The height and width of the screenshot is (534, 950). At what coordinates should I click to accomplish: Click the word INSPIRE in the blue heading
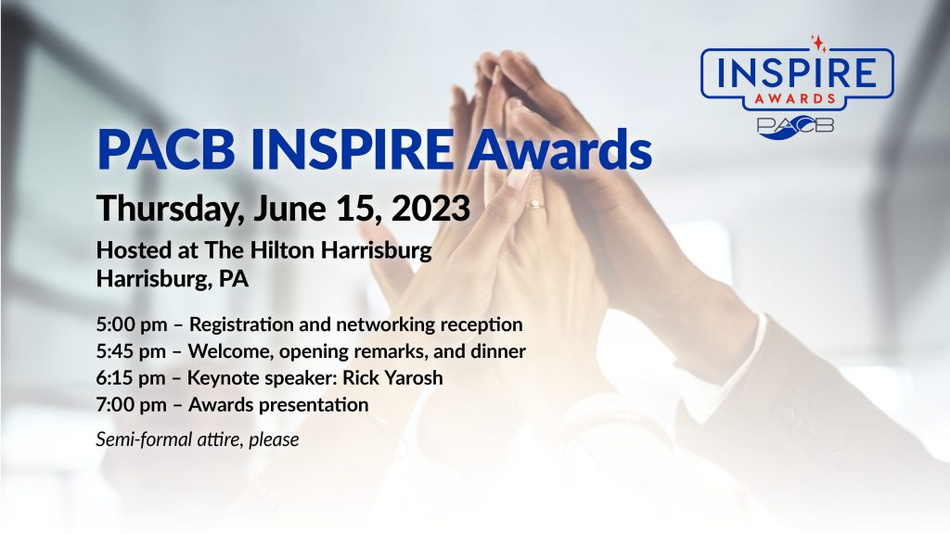tap(352, 149)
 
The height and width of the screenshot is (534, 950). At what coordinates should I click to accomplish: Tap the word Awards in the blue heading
tap(559, 149)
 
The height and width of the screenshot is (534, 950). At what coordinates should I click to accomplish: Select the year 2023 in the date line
tap(430, 208)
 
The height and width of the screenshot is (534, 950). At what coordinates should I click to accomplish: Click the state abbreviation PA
tap(233, 278)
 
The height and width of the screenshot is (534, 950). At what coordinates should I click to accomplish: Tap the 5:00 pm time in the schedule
tap(132, 324)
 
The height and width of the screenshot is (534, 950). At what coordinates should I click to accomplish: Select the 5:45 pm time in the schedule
tap(131, 351)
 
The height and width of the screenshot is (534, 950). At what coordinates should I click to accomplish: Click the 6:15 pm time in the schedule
tap(130, 378)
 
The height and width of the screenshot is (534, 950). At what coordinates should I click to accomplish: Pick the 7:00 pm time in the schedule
tap(131, 404)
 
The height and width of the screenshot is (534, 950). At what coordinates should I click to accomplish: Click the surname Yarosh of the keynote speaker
tap(414, 378)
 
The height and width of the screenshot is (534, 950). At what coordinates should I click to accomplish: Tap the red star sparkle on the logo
tap(818, 43)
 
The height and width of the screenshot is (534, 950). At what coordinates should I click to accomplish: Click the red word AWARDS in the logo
tap(795, 98)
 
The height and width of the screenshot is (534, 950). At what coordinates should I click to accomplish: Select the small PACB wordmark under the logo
tap(795, 126)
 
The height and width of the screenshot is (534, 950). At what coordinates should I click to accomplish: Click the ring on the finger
tap(535, 204)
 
